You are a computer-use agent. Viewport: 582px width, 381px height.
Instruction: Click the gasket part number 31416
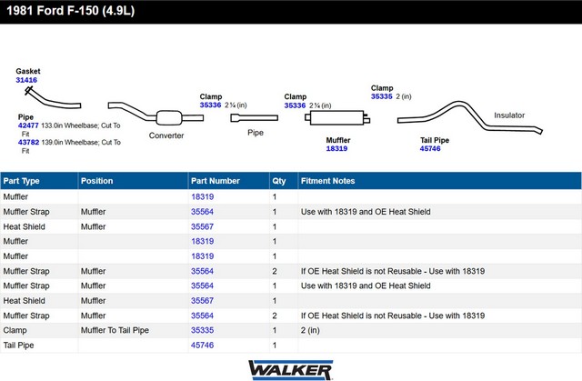(26, 80)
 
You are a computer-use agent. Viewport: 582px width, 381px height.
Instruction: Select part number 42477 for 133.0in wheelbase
(28, 125)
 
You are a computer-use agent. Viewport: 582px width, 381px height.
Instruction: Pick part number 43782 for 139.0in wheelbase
(28, 142)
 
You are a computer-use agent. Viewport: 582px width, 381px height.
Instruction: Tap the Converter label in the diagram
(166, 135)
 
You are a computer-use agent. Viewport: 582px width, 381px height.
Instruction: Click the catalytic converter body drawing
(169, 118)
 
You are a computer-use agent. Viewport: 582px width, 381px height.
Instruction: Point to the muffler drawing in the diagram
(337, 117)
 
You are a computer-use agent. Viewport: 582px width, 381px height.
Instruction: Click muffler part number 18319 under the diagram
(336, 148)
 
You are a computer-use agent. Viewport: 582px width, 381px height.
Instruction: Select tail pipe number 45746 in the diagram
(430, 148)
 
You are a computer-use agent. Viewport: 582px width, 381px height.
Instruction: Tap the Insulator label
(509, 115)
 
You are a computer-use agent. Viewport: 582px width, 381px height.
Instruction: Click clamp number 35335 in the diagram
(382, 96)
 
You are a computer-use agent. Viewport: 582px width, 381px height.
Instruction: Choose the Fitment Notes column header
(327, 181)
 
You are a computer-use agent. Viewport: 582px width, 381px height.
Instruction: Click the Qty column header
(279, 181)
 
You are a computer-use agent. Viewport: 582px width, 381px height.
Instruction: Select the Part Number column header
(216, 181)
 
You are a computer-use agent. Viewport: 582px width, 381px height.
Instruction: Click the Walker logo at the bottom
(291, 370)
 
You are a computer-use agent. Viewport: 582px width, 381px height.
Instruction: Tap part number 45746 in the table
(202, 345)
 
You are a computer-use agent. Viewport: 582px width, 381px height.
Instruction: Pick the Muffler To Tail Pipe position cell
(115, 330)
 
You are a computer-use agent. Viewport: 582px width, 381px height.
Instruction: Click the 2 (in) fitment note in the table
(310, 330)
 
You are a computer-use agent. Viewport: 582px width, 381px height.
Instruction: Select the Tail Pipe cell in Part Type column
(18, 345)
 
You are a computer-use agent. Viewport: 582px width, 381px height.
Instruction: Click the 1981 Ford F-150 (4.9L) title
(71, 11)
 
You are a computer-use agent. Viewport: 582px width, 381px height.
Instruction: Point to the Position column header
(97, 181)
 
